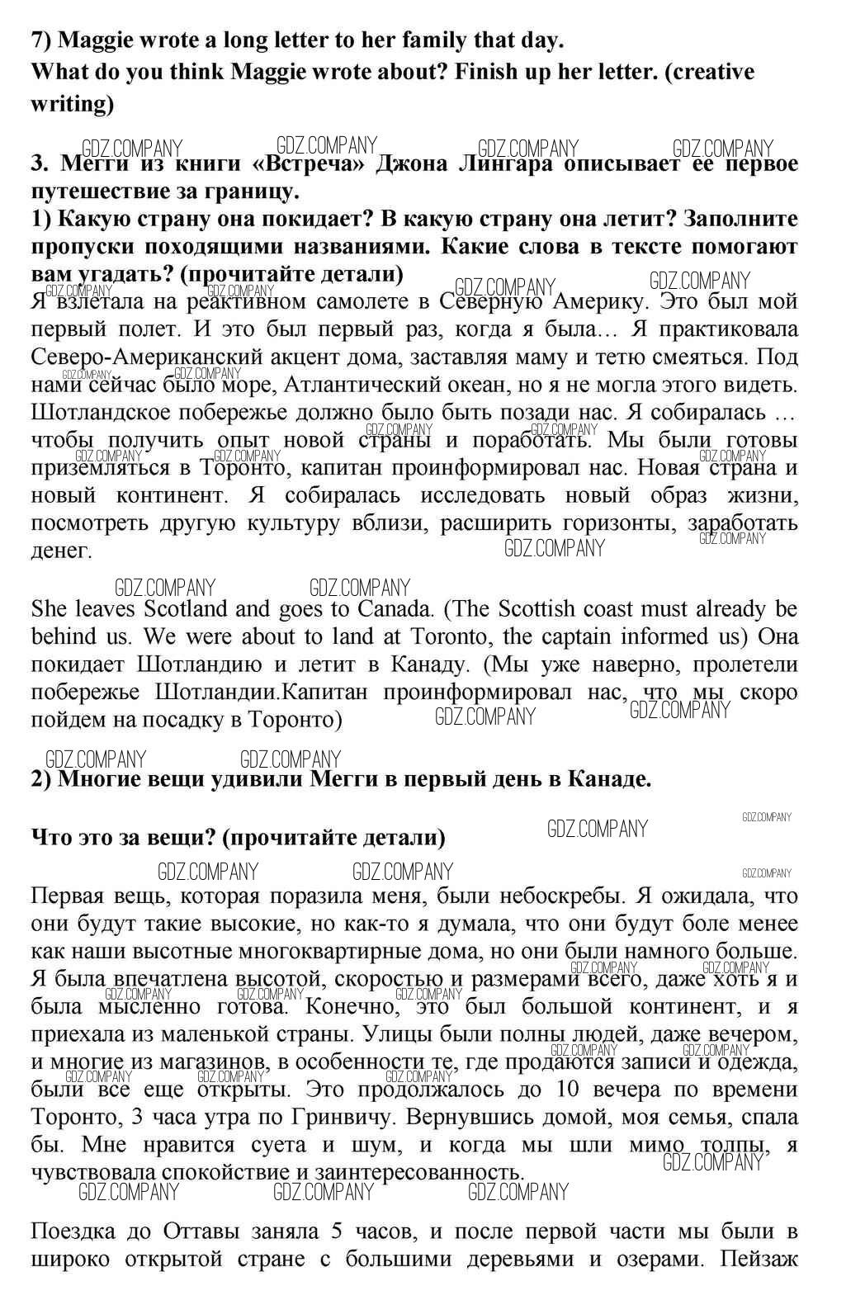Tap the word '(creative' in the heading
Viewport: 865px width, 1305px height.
(x=709, y=72)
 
